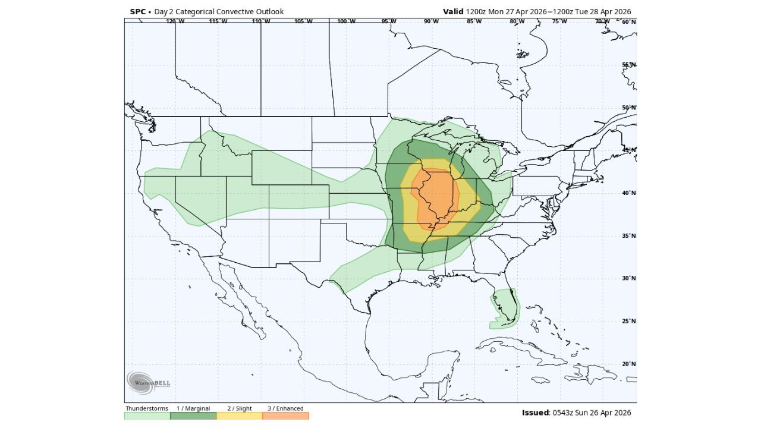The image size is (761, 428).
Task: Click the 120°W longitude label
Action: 175,21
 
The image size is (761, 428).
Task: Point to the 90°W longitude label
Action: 431,21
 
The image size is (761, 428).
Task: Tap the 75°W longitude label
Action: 559,21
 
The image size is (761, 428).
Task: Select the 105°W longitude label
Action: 303,21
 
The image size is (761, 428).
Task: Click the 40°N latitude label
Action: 629,193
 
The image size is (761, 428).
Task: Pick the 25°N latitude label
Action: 629,322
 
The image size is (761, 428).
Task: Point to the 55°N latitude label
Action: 629,65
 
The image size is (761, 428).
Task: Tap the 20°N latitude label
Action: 629,364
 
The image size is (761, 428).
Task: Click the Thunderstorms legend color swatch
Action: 147,416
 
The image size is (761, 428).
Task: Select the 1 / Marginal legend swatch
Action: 193,416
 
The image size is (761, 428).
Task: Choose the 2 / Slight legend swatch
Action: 240,416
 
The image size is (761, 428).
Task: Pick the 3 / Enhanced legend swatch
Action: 286,416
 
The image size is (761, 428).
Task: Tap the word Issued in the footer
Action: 535,413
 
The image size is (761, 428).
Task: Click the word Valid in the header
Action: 453,12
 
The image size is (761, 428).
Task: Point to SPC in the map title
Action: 138,12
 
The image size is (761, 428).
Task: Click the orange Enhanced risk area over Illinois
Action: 437,193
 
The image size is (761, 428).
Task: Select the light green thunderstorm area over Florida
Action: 505,306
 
